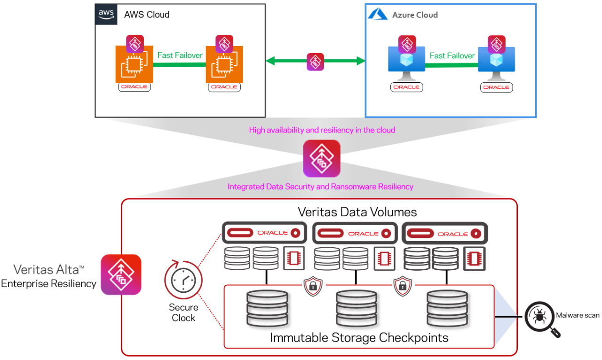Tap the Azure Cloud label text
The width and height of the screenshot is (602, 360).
[x=415, y=15]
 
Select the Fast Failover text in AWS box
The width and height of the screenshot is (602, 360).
[x=180, y=55]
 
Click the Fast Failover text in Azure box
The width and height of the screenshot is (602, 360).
[x=452, y=56]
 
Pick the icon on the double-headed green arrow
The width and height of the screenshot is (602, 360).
[x=315, y=62]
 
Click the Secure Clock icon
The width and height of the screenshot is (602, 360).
[x=183, y=281]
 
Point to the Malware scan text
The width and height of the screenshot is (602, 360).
[x=578, y=315]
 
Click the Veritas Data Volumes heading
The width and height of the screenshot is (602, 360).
[x=357, y=211]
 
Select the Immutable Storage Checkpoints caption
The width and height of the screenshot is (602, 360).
[x=359, y=337]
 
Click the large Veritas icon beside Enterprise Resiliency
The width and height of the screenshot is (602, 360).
[x=121, y=275]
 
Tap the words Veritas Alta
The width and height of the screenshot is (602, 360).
[x=48, y=270]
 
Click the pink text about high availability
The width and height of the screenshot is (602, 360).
[x=322, y=130]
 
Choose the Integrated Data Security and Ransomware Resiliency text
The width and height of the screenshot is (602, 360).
[x=320, y=187]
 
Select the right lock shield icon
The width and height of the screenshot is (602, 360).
[x=402, y=287]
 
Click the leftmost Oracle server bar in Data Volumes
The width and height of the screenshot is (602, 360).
[x=264, y=233]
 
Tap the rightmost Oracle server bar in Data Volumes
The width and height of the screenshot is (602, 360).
[x=445, y=233]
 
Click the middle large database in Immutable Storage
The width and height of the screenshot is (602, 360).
[x=356, y=308]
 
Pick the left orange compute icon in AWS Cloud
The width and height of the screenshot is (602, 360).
[x=134, y=64]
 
